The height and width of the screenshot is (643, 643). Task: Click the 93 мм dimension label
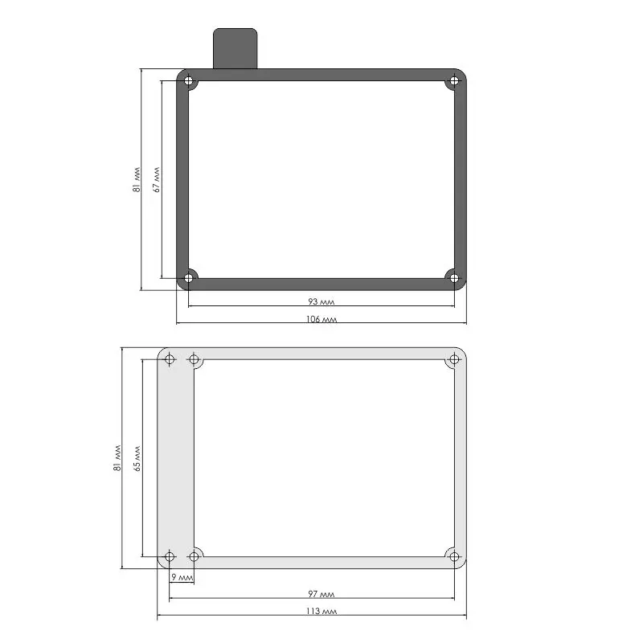(321, 301)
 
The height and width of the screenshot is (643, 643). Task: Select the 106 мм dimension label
(321, 319)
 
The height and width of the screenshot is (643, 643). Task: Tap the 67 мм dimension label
(156, 179)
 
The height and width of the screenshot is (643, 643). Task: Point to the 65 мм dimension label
(137, 458)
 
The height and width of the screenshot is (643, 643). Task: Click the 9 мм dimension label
(182, 577)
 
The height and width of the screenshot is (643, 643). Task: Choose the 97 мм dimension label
(321, 594)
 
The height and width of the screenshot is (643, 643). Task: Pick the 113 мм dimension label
(321, 611)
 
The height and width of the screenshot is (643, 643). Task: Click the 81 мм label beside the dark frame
(137, 179)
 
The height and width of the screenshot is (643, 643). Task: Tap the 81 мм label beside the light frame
(117, 458)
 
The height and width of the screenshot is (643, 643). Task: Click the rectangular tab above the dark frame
(235, 48)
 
